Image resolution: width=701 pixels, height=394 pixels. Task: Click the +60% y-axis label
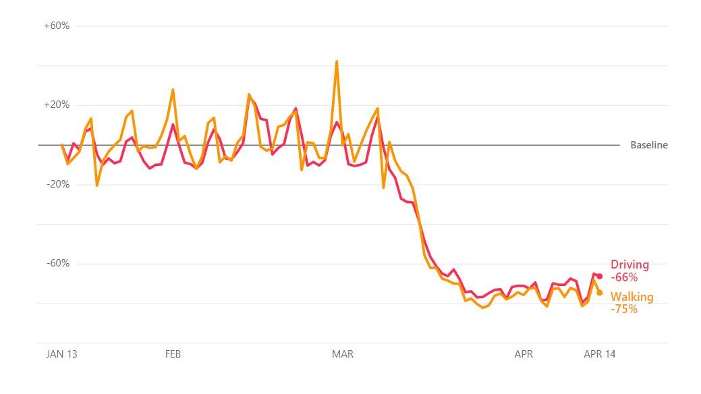point(57,26)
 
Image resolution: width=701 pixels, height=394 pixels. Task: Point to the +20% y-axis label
point(57,105)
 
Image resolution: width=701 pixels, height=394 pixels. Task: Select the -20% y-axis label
point(58,184)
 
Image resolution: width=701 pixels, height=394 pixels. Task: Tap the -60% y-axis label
point(58,263)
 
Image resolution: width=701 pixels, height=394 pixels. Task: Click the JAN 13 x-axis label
point(61,354)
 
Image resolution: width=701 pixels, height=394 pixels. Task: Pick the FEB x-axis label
point(173,354)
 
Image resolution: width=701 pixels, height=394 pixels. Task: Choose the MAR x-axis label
point(343,354)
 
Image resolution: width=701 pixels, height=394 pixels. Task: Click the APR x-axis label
point(524,354)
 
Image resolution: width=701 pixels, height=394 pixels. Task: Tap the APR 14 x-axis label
point(599,354)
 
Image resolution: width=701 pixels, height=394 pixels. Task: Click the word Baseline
point(649,145)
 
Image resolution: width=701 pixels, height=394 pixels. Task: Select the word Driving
point(629,264)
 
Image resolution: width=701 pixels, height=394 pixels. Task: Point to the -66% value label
point(624,277)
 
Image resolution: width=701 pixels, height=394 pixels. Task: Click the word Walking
point(632,297)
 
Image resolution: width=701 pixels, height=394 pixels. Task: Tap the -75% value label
point(624,309)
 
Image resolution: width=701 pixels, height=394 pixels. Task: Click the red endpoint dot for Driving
point(599,276)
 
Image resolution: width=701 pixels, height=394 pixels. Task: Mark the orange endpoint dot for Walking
point(599,292)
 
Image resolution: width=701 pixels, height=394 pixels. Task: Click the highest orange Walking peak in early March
point(337,61)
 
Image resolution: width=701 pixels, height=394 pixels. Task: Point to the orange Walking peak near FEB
point(173,89)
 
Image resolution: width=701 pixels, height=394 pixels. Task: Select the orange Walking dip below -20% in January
point(97,186)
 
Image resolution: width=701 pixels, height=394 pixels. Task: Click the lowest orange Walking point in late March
point(483,308)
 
